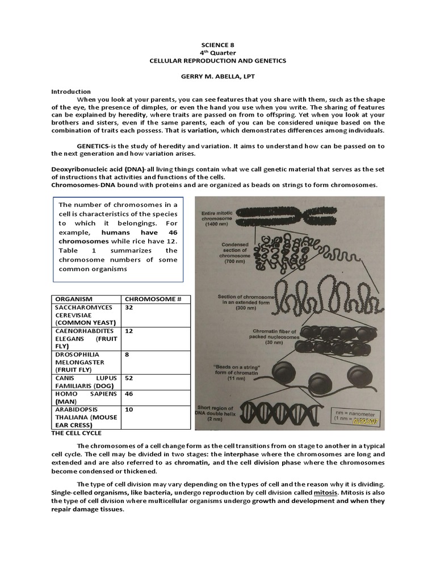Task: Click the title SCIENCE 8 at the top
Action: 217,44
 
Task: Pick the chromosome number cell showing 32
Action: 129,307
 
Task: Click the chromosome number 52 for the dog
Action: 129,378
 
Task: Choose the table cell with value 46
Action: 129,394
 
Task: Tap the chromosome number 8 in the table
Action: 127,354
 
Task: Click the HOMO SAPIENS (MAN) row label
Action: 85,397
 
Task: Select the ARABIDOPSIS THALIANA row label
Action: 85,417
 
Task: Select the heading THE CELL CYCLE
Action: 76,433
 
